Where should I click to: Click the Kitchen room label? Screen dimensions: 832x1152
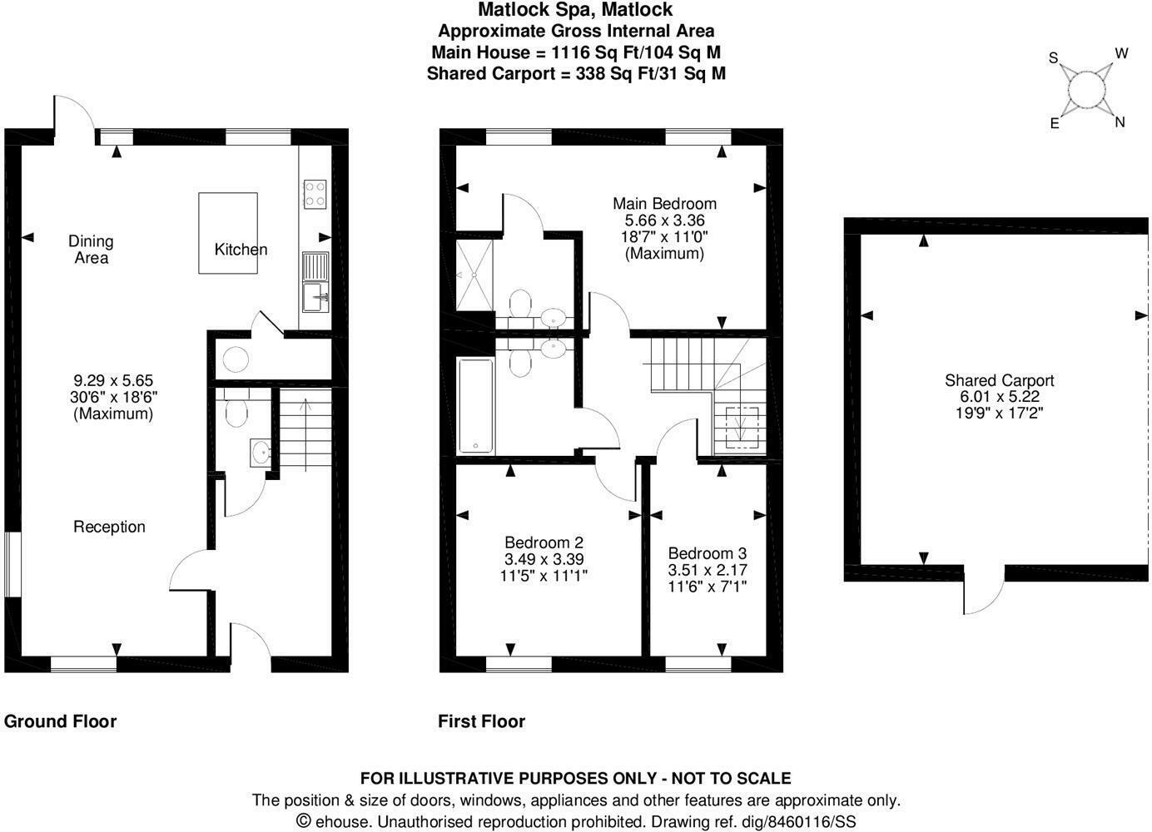[x=241, y=250]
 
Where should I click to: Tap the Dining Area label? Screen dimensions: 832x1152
[x=91, y=250]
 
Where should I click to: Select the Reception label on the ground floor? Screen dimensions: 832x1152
[x=109, y=527]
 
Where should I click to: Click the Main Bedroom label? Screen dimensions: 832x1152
[x=664, y=204]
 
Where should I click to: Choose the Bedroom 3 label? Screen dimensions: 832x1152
[x=708, y=553]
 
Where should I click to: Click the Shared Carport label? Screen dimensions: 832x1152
[x=999, y=381]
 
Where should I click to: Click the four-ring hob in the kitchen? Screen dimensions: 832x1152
[x=315, y=193]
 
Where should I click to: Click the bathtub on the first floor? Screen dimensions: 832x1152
[x=476, y=406]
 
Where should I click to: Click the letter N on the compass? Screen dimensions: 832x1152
[x=1120, y=122]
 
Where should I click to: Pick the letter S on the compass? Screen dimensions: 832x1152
[x=1053, y=58]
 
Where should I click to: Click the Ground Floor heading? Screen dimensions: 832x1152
[x=60, y=721]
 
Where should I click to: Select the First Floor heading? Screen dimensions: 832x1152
[x=481, y=721]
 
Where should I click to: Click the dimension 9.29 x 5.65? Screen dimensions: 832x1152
[x=113, y=381]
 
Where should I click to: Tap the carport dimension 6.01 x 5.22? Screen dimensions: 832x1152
[x=999, y=397]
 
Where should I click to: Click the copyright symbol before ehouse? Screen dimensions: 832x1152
[x=304, y=821]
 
